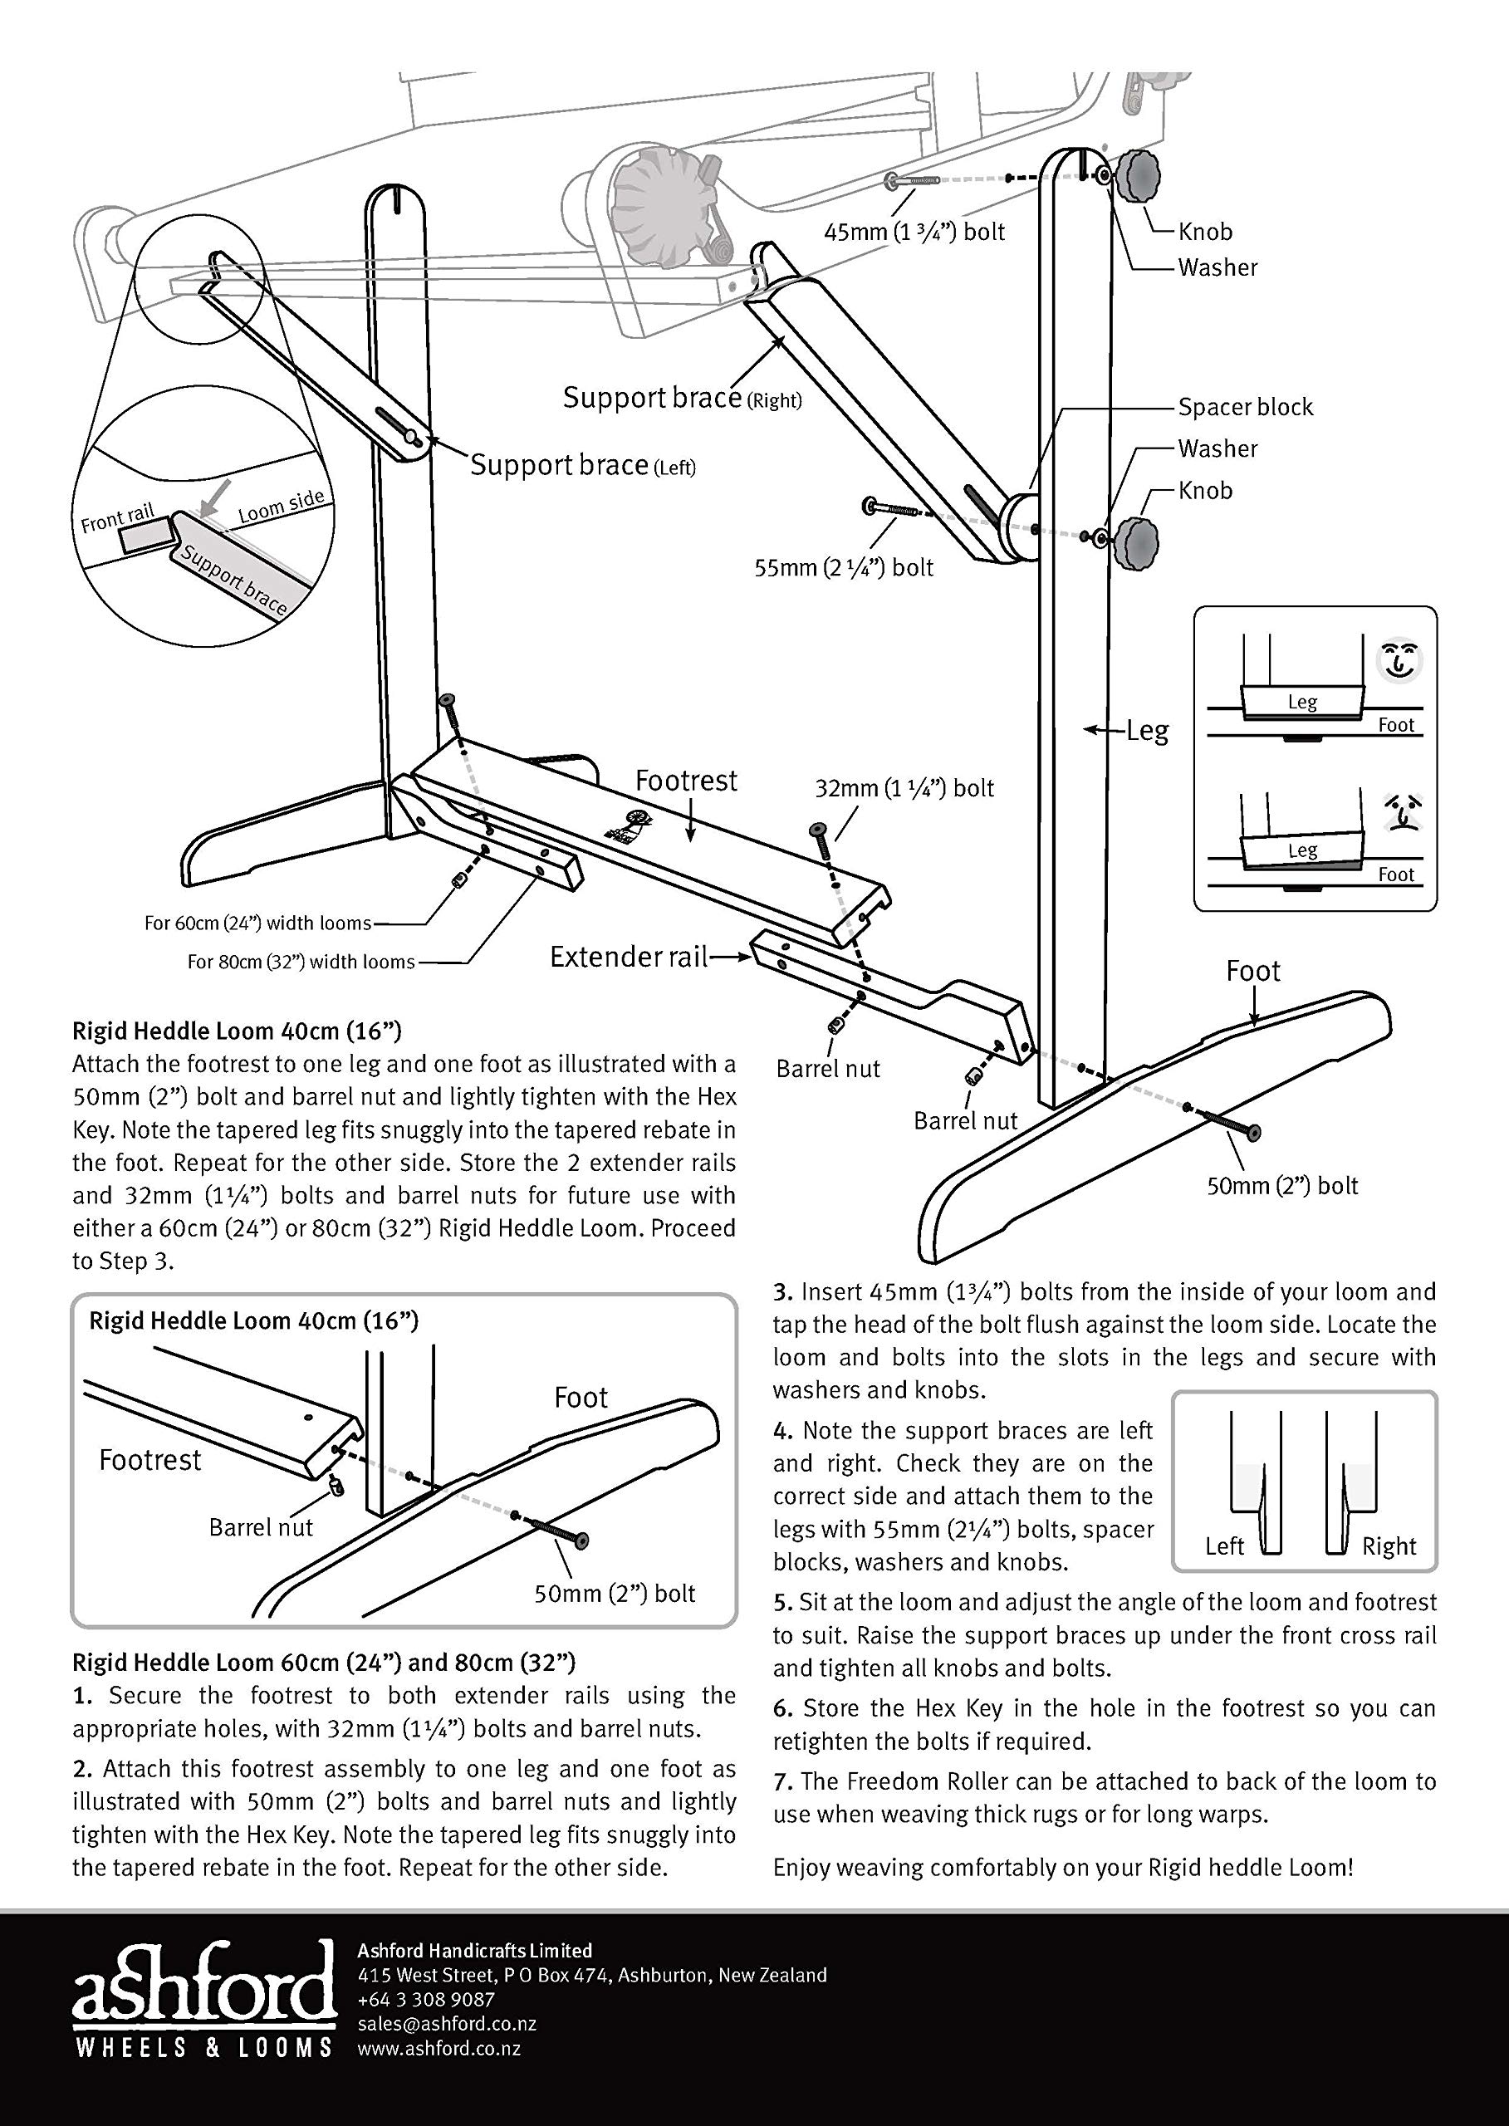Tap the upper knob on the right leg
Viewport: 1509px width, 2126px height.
1137,178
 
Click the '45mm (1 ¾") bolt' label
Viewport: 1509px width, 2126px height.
914,232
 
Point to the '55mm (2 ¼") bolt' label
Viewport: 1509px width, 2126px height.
844,568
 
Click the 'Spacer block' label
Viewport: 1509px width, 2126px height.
1245,407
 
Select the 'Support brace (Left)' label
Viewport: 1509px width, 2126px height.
583,464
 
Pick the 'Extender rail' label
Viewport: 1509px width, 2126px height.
629,956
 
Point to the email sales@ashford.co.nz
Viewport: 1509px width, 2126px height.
447,2024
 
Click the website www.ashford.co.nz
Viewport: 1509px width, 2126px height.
439,2048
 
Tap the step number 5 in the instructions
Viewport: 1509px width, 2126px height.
781,1603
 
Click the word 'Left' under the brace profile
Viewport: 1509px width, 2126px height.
1224,1546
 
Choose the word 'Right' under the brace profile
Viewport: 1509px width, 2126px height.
1389,1546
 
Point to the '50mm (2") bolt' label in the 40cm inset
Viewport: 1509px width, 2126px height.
615,1594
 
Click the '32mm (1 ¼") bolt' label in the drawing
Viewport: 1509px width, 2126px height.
904,788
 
